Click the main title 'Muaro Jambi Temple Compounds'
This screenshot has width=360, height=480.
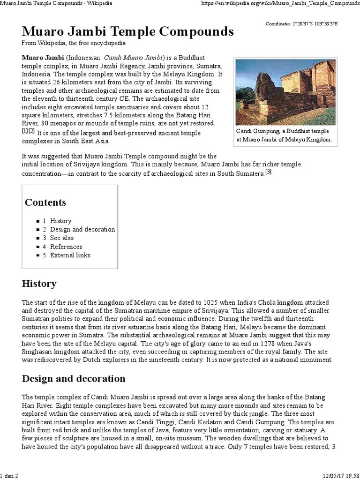(127, 32)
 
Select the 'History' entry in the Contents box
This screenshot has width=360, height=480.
(60, 221)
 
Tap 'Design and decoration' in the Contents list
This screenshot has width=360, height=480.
(82, 229)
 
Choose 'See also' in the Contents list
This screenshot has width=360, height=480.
(61, 238)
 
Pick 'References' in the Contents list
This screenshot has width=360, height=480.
(66, 247)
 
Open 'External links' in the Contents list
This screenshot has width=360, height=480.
(70, 255)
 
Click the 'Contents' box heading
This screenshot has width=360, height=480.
(45, 202)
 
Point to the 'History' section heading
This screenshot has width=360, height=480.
(39, 284)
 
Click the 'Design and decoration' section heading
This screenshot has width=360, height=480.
(74, 378)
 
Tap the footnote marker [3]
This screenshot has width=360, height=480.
(268, 172)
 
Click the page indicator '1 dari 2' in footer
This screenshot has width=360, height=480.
(9, 476)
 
